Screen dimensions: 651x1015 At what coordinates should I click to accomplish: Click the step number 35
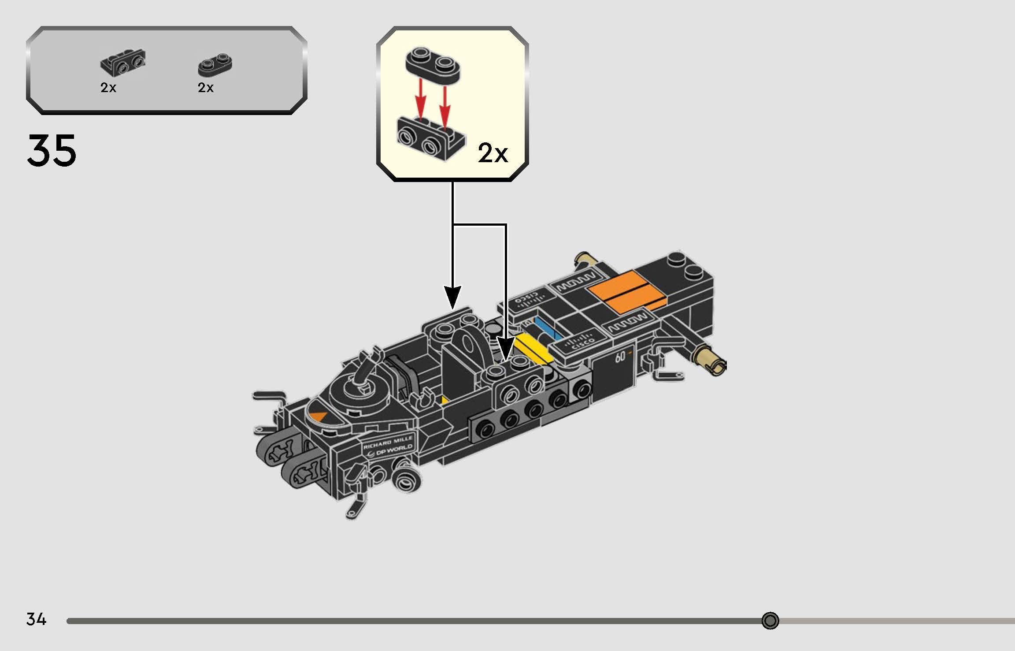coord(52,151)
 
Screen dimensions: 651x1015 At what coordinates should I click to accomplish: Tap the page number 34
coord(36,619)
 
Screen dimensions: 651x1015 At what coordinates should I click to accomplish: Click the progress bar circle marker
coord(770,621)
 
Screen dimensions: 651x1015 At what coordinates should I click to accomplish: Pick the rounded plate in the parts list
coord(215,66)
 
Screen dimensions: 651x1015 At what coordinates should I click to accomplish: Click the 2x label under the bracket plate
coord(108,88)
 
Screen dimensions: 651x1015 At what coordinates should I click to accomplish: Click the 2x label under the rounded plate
coord(206,88)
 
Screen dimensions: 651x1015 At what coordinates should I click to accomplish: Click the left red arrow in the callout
coord(422,101)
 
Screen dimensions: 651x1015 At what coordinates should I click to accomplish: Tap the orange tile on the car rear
coord(628,291)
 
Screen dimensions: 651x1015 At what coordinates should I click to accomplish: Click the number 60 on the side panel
coord(620,357)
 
